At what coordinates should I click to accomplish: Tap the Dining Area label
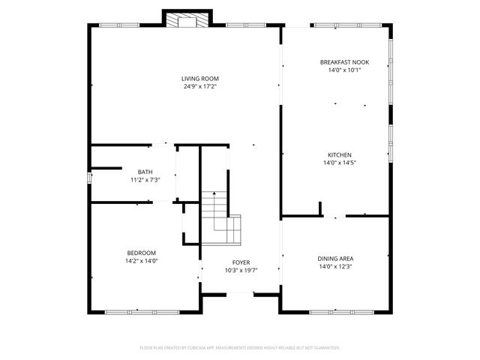[x=334, y=258]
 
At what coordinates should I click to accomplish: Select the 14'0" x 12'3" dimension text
[x=334, y=266]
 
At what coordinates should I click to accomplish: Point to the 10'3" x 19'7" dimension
[x=241, y=271]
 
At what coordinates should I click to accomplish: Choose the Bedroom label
[x=141, y=253]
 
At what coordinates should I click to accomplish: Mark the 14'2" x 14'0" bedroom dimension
[x=141, y=261]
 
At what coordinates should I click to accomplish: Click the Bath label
[x=144, y=172]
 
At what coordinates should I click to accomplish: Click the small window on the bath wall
[x=90, y=178]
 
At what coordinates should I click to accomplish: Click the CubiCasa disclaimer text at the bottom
[x=240, y=348]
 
